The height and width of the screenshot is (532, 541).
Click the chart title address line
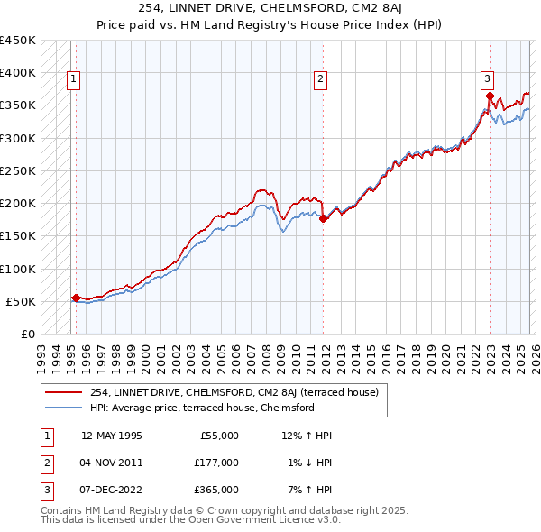point(270,8)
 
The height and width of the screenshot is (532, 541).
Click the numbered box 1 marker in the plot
point(73,79)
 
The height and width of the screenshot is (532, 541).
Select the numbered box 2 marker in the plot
point(320,79)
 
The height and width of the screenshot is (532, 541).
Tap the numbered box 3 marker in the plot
point(487,79)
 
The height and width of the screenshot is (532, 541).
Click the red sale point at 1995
point(76,297)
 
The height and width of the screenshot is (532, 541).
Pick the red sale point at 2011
point(324,217)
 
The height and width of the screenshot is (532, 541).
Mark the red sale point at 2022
point(489,95)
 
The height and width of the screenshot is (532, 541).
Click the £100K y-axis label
point(18,269)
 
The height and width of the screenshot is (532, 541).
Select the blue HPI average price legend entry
point(201,408)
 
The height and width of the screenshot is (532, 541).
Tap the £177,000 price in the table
point(215,463)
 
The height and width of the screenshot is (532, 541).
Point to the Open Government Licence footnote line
point(190,519)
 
